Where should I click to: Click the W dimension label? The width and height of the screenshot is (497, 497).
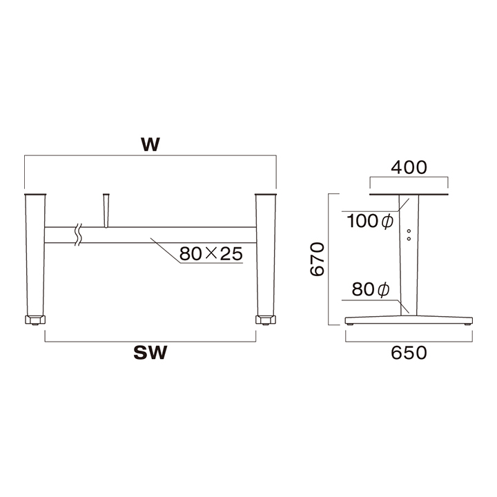tap(150, 145)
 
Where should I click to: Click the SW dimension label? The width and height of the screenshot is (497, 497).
tap(150, 353)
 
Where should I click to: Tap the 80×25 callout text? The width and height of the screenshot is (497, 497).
tap(211, 253)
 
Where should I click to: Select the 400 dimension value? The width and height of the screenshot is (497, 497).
tap(409, 167)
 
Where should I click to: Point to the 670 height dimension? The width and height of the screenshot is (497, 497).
tap(318, 259)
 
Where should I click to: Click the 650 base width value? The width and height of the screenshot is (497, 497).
tap(409, 353)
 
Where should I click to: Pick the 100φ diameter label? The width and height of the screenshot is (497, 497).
tap(370, 221)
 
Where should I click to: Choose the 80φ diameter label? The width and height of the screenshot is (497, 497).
tap(371, 289)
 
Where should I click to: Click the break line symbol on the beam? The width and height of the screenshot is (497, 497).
tap(78, 235)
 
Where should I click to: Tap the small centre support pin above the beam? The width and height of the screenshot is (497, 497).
tap(106, 211)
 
